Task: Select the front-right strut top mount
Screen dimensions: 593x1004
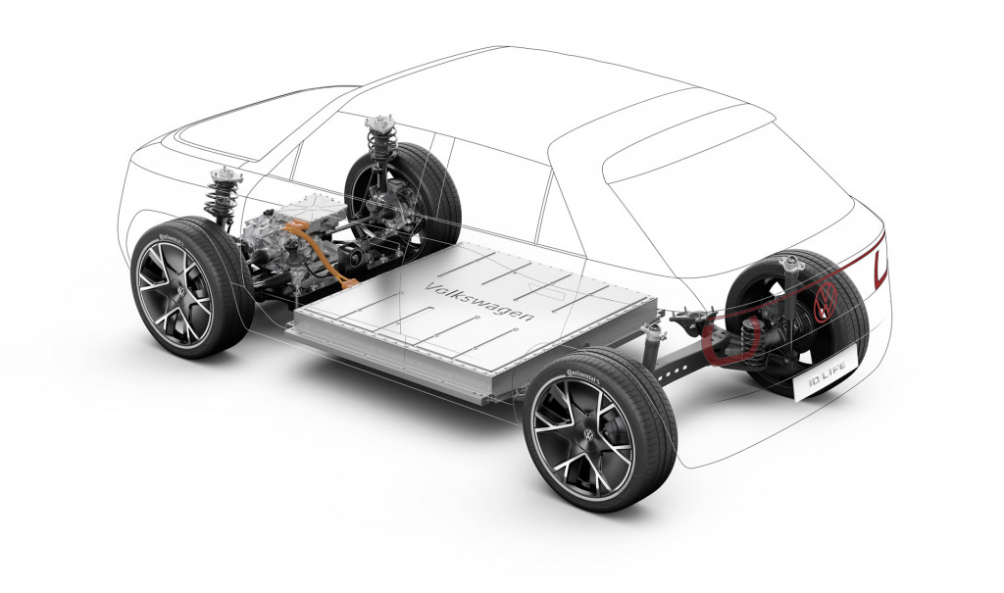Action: (x=378, y=124)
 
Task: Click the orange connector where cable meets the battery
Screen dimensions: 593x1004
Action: (x=345, y=285)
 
